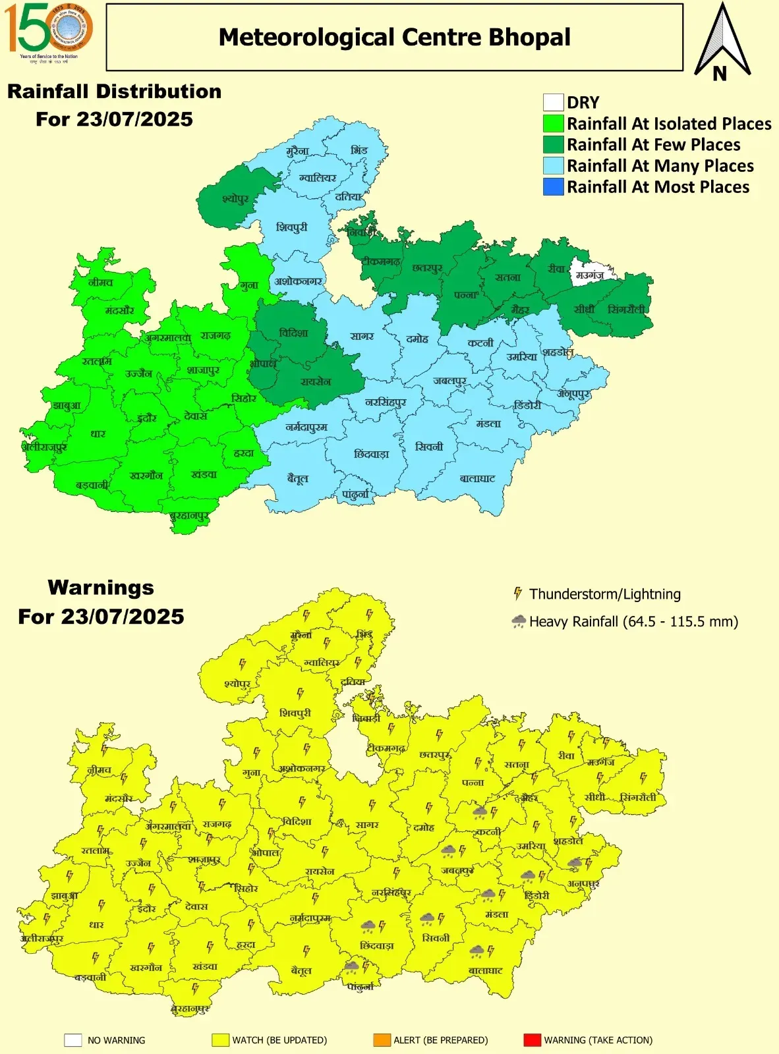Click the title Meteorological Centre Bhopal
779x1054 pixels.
click(394, 38)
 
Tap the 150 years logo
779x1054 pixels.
click(48, 30)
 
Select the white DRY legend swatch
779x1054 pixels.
click(553, 103)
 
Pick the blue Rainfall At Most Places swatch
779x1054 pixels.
click(553, 187)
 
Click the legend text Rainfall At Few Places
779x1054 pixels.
click(653, 145)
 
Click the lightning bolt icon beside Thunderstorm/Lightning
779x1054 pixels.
click(518, 594)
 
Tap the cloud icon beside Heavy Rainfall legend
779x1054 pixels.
click(519, 621)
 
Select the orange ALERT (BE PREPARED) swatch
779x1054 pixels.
click(382, 1040)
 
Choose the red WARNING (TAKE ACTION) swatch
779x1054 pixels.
click(532, 1040)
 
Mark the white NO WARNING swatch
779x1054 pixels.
click(72, 1040)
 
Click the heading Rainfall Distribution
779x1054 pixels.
click(114, 92)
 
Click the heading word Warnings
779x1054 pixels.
click(101, 587)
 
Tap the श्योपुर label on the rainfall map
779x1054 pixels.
click(235, 198)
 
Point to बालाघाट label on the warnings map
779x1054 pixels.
click(485, 970)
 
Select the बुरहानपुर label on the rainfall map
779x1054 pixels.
click(189, 516)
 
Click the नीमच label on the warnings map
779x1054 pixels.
click(100, 769)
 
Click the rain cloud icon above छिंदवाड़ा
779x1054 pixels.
click(368, 927)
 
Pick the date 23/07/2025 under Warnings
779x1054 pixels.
click(123, 617)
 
